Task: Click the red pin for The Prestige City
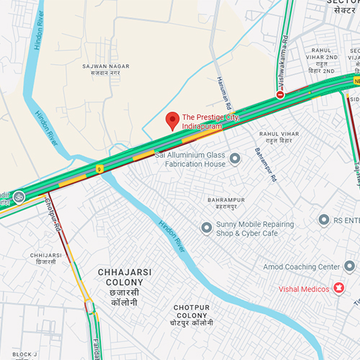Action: click(x=172, y=120)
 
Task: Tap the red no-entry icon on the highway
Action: click(x=280, y=94)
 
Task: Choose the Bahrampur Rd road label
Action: click(x=259, y=144)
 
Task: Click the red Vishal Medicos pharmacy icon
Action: click(x=337, y=289)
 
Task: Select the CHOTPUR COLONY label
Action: click(x=193, y=315)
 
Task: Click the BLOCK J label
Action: click(x=24, y=354)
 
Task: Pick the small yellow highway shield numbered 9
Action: click(x=99, y=149)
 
